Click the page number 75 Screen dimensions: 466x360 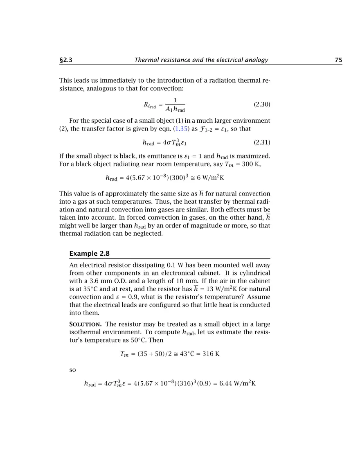point(338,60)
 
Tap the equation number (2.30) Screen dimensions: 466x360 point(262,105)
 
